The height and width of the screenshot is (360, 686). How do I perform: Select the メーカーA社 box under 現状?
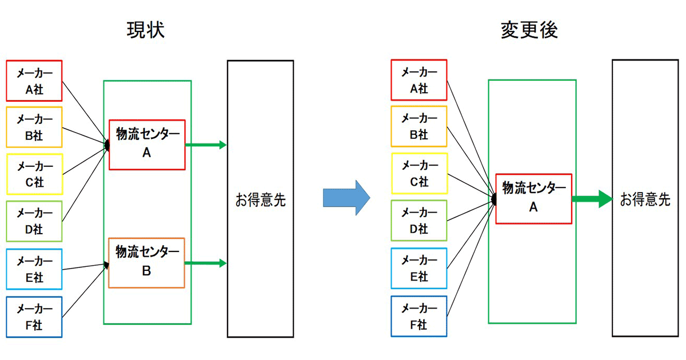(34, 81)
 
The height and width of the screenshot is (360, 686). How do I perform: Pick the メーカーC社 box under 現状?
(34, 174)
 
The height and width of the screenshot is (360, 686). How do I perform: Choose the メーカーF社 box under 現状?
(34, 317)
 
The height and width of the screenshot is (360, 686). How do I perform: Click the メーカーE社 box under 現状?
(34, 269)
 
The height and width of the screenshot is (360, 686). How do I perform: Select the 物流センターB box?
(146, 262)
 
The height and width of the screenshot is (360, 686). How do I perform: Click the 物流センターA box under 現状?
(147, 145)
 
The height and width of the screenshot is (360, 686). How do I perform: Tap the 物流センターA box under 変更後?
(533, 198)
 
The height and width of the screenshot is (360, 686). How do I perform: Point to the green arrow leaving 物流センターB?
(206, 263)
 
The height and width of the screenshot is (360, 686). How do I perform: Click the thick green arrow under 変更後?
(592, 199)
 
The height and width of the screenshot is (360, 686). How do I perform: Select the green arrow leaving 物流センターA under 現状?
(206, 145)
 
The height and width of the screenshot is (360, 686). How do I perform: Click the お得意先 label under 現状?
(260, 200)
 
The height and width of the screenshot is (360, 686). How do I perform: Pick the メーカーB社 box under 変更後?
(418, 127)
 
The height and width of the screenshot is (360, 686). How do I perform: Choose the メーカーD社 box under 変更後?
(418, 221)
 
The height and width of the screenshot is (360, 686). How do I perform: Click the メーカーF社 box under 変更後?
(418, 317)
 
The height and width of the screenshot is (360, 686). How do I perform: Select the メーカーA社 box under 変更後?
(418, 80)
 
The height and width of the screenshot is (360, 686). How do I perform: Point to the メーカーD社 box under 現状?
(34, 221)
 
